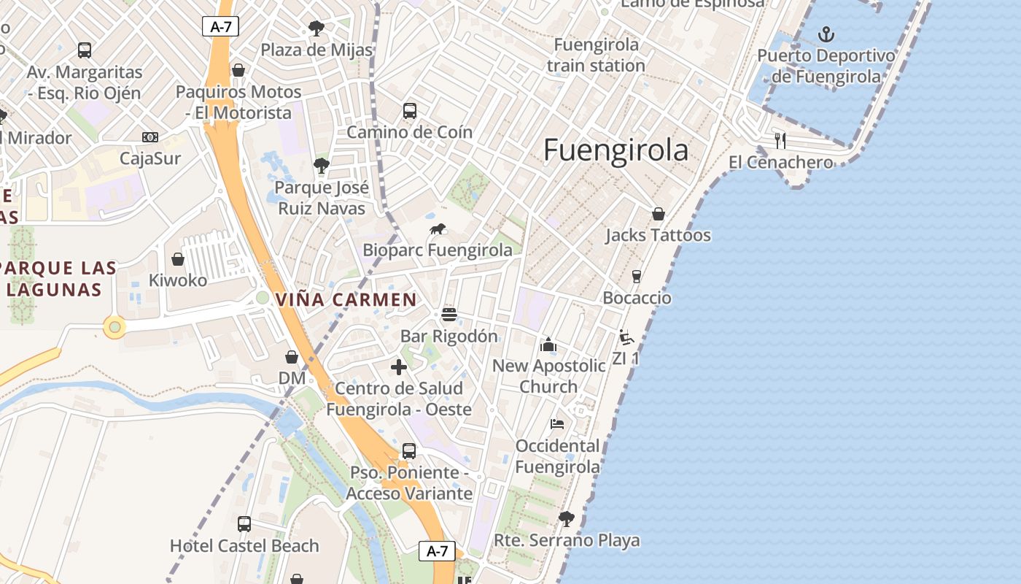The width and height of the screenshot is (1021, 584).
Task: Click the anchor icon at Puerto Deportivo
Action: click(826, 34)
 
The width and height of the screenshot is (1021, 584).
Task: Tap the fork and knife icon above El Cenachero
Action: click(780, 140)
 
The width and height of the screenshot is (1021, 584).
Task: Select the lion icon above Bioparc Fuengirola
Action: click(438, 229)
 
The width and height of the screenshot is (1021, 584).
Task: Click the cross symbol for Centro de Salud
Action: click(399, 366)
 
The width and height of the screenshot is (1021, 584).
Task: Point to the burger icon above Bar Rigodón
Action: click(449, 315)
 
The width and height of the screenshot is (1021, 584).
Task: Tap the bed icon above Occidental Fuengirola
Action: click(557, 424)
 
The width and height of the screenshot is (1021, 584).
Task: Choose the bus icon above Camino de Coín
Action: click(410, 111)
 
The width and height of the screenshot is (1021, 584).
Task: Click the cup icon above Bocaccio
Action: click(637, 277)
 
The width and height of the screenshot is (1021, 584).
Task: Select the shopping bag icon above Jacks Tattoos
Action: click(658, 214)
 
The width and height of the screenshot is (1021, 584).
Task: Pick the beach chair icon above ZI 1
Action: click(626, 337)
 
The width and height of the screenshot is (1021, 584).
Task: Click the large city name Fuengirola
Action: click(616, 150)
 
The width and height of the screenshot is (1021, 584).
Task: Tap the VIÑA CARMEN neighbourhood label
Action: click(346, 299)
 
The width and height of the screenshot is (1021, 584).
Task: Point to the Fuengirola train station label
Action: click(596, 55)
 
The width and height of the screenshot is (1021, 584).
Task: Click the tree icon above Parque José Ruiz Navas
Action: click(321, 166)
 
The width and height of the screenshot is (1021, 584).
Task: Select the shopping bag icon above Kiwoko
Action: click(178, 259)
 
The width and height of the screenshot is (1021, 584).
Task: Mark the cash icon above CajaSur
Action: click(150, 137)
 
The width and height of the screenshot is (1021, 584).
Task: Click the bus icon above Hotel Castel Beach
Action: click(244, 524)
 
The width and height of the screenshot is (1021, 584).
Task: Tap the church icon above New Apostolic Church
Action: click(548, 345)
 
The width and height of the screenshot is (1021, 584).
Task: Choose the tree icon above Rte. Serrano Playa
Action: click(566, 519)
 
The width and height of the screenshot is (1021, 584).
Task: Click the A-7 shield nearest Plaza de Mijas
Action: click(220, 27)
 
